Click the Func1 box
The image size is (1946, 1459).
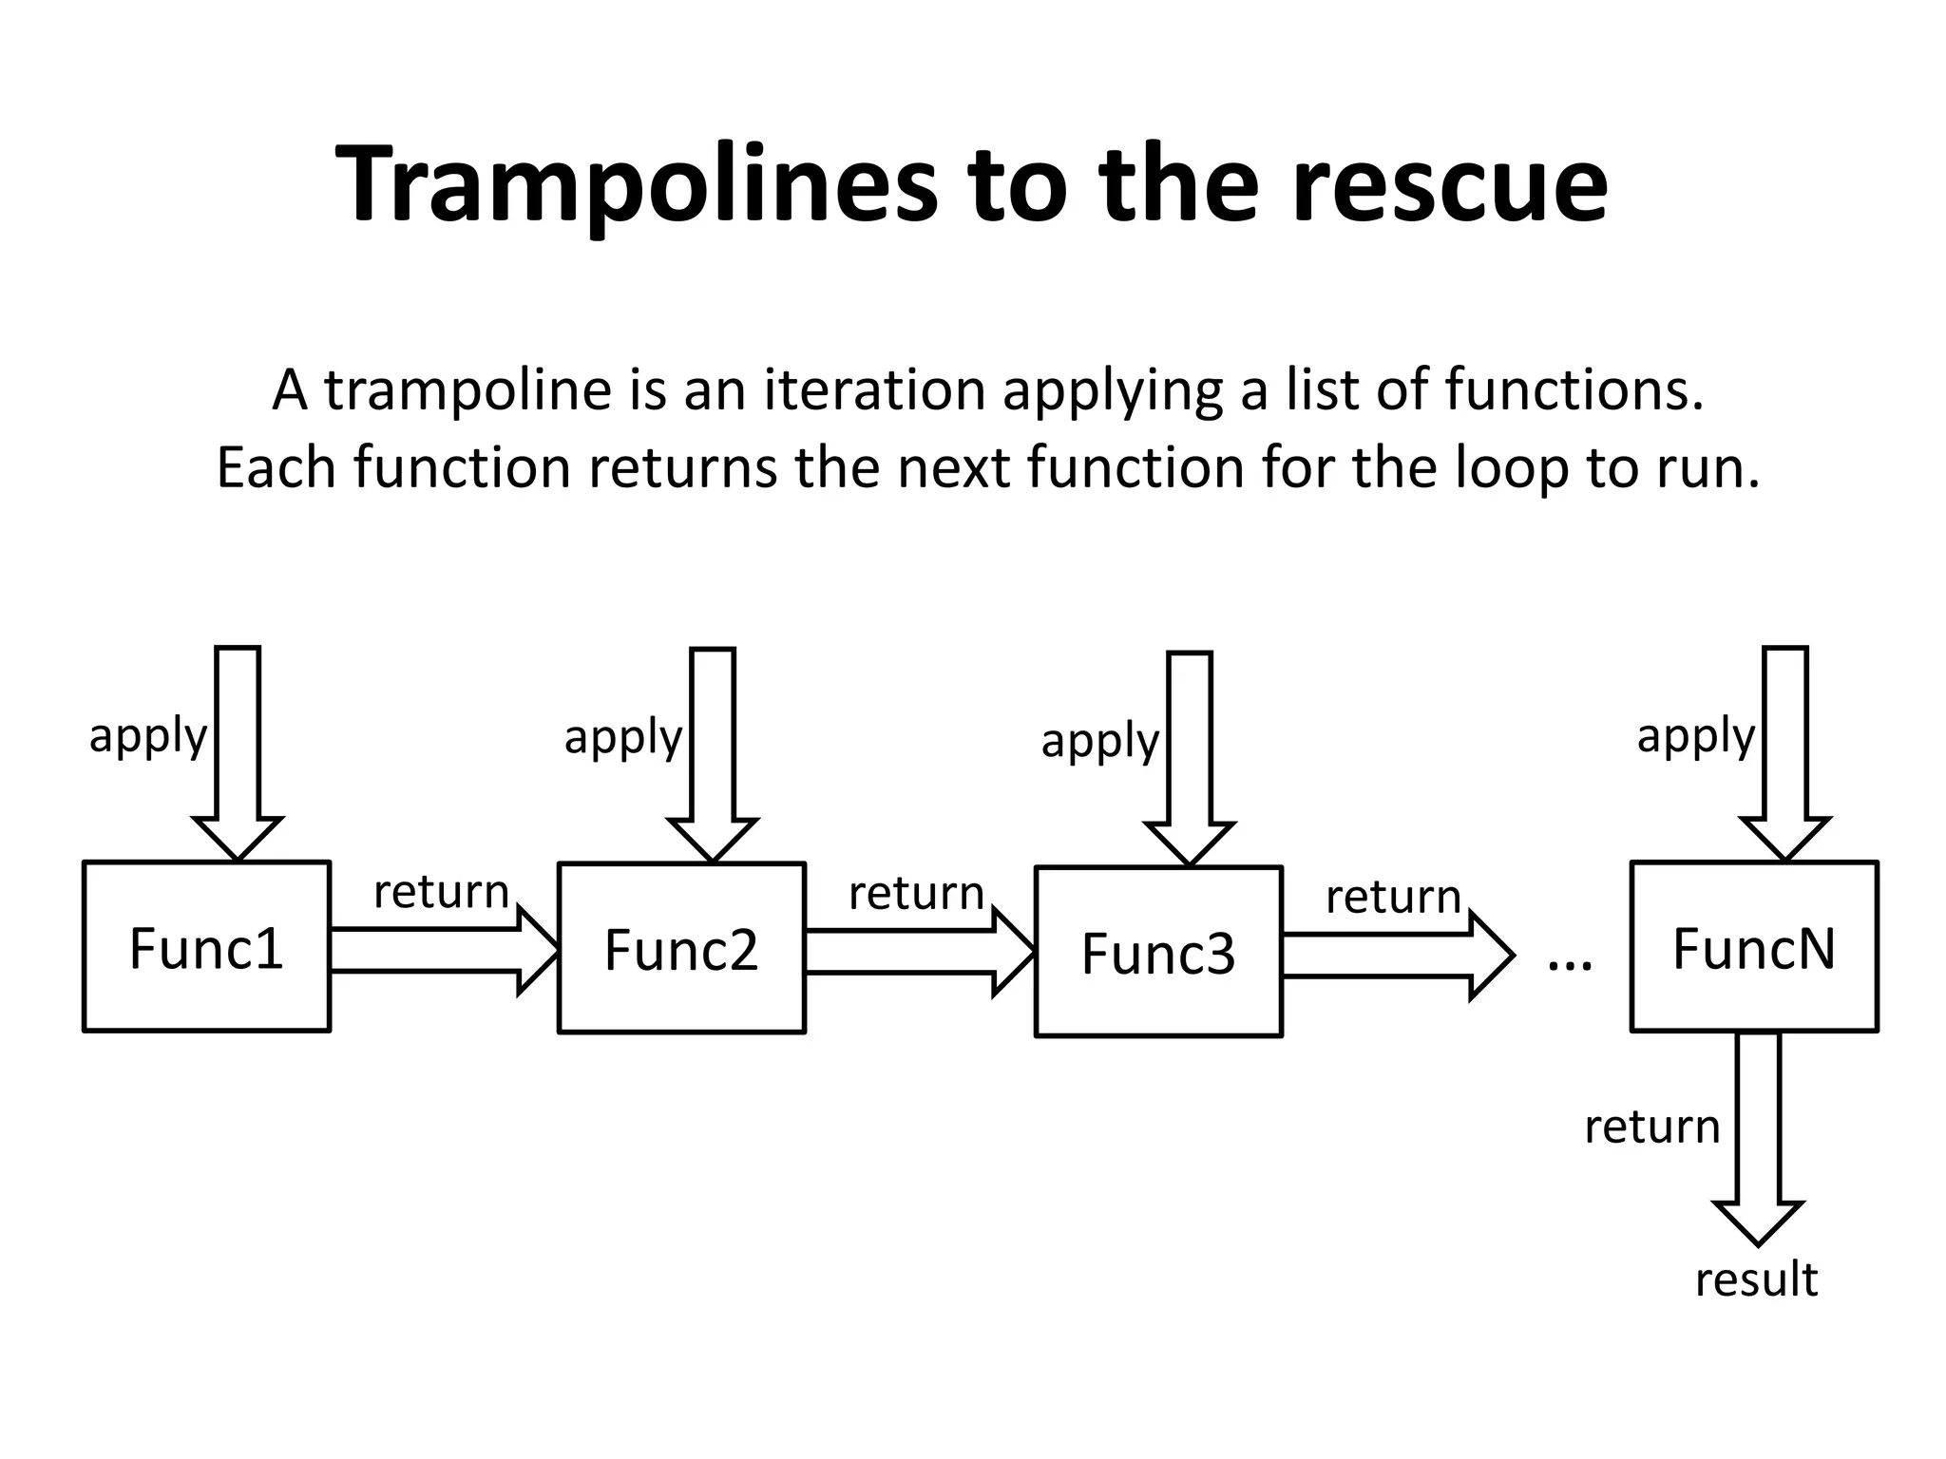(206, 946)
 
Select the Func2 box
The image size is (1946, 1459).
(681, 948)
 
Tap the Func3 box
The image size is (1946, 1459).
(1158, 952)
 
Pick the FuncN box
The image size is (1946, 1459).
(1754, 946)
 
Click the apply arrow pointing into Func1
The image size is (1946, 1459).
(238, 750)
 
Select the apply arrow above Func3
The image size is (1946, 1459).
(1190, 756)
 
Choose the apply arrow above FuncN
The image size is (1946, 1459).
(1785, 750)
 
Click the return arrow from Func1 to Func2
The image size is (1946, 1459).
(442, 950)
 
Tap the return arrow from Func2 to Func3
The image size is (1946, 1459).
(917, 952)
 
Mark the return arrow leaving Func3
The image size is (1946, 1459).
(1394, 956)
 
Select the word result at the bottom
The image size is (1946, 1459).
(1756, 1279)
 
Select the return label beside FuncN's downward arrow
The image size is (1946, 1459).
(1652, 1127)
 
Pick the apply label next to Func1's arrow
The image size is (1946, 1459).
(147, 736)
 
